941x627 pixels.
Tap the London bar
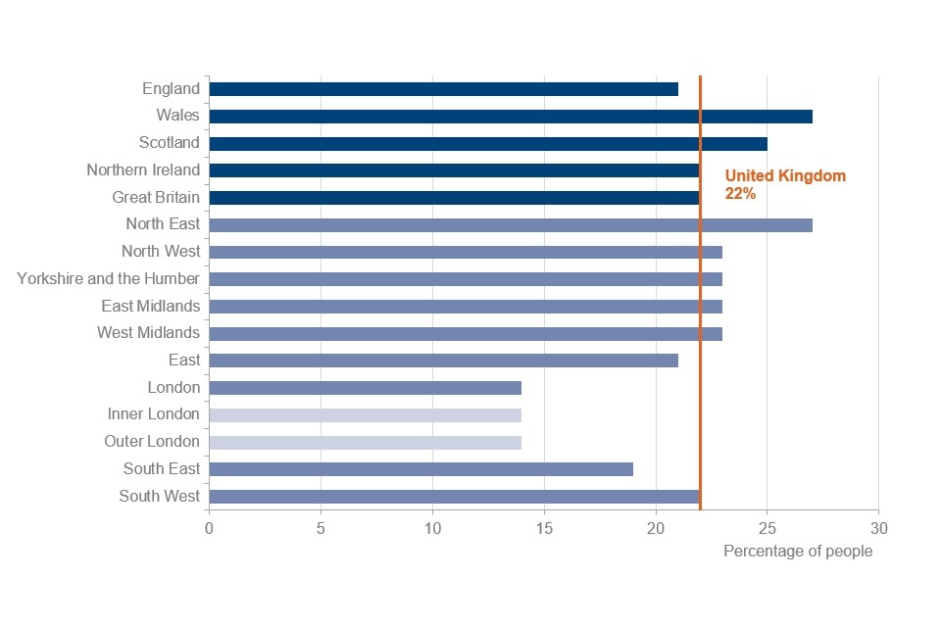point(365,388)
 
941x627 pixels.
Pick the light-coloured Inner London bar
point(365,415)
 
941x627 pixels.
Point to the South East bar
point(421,469)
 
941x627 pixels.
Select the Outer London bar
point(365,442)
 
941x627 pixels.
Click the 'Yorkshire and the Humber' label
point(108,279)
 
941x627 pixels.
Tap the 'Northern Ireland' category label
point(143,170)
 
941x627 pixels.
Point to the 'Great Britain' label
point(156,198)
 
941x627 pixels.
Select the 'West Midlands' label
point(148,333)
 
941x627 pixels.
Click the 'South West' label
point(160,497)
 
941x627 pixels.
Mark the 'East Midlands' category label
point(150,307)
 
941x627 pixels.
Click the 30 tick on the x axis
point(878,529)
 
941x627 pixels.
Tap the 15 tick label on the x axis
point(544,529)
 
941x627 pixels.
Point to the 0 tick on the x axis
point(209,529)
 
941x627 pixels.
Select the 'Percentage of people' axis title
point(797,552)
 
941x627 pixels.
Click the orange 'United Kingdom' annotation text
point(785,176)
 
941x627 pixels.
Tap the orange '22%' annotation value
point(740,194)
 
